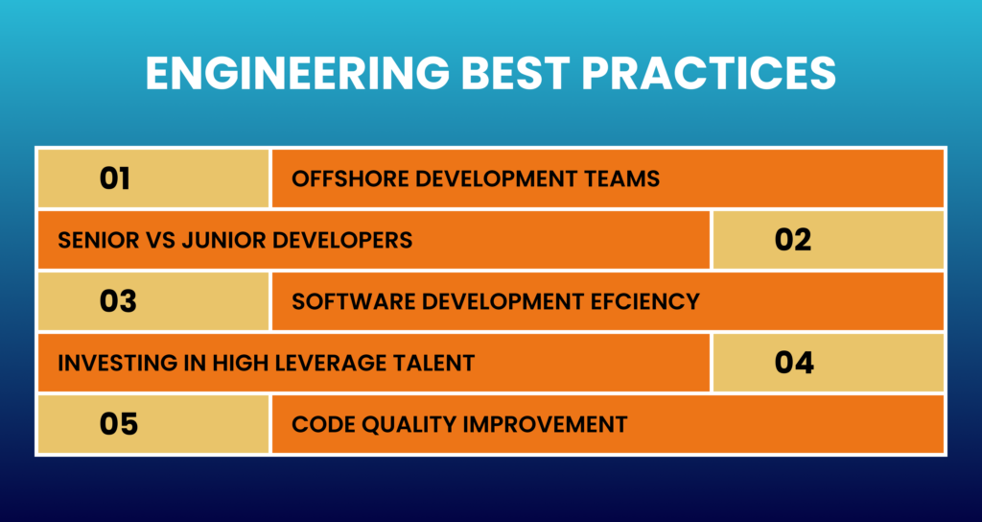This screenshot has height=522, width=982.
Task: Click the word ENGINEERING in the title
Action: coord(297,73)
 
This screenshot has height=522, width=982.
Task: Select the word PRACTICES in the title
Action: coord(709,73)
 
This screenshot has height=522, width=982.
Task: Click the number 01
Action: coord(115,178)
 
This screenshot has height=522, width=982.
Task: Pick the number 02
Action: coord(793,239)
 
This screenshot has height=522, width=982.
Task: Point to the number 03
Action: coord(118,301)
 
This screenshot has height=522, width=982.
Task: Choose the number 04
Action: coord(794,362)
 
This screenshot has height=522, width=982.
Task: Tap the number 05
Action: coord(119,423)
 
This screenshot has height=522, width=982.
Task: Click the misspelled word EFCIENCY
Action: coord(644,301)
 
